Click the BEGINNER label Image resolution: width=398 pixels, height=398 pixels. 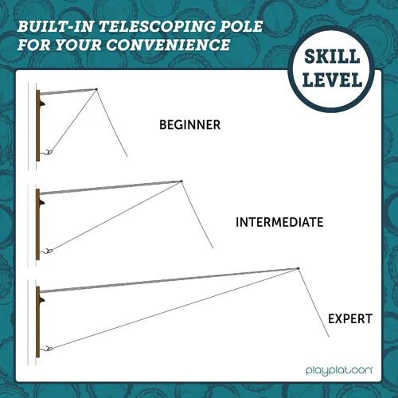click(x=189, y=125)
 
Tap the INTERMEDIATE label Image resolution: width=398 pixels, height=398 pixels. click(x=279, y=222)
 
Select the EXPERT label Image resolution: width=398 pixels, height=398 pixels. click(x=350, y=318)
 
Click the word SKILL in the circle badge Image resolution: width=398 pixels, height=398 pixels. click(x=332, y=57)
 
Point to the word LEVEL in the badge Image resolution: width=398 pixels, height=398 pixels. click(x=333, y=80)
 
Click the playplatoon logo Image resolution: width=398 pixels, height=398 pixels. click(x=339, y=370)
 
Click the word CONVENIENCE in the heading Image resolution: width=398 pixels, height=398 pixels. click(x=168, y=45)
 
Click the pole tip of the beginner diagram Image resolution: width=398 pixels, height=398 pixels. click(x=96, y=89)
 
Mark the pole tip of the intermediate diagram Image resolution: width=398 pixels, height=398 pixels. click(x=181, y=181)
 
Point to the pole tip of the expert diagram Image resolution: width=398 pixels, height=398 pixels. click(x=298, y=268)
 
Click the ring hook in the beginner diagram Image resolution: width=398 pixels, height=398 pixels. click(x=49, y=152)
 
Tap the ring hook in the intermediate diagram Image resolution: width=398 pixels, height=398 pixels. click(x=49, y=251)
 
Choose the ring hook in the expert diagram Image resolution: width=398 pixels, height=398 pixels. click(x=49, y=349)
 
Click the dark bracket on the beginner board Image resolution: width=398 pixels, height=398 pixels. click(x=41, y=103)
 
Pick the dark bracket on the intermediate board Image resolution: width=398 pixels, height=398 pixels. click(x=41, y=202)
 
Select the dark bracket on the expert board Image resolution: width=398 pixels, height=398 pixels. click(x=41, y=300)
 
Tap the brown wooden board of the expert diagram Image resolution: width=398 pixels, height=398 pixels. click(x=38, y=322)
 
